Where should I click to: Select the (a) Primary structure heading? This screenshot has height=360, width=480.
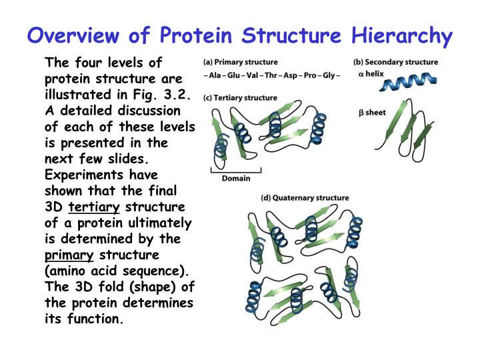click(x=241, y=62)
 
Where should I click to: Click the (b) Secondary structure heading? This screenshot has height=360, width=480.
click(x=395, y=62)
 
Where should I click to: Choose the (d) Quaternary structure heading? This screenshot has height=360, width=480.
click(x=305, y=198)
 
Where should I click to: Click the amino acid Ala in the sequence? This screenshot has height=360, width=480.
click(x=216, y=75)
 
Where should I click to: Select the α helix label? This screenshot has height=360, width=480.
click(x=371, y=74)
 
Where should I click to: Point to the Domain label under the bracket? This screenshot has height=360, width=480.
click(x=236, y=179)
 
